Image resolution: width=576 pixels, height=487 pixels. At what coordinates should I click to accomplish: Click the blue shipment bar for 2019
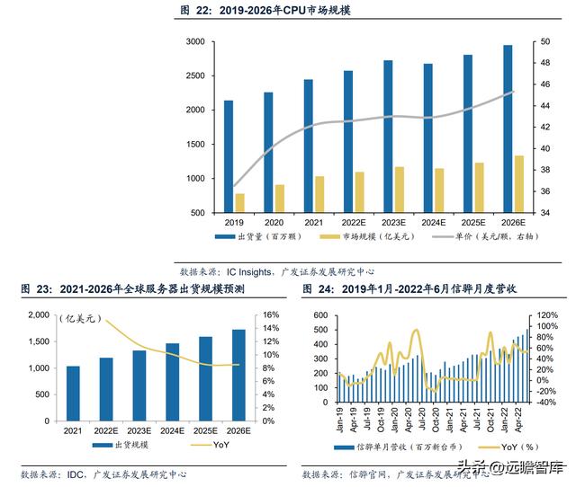coord(229,157)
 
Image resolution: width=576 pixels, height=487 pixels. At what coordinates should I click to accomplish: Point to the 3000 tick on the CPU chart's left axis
coord(193,42)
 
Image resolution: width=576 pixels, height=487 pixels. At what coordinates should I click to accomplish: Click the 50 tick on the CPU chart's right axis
coord(546,42)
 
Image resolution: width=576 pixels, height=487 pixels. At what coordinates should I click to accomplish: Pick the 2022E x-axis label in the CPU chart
coord(354,222)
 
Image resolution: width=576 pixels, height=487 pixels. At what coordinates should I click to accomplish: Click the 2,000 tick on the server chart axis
coord(37,315)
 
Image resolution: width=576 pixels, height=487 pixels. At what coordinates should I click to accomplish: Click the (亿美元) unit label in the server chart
coord(79,318)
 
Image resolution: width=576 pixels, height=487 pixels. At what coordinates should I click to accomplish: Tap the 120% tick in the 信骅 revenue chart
coord(548,315)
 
